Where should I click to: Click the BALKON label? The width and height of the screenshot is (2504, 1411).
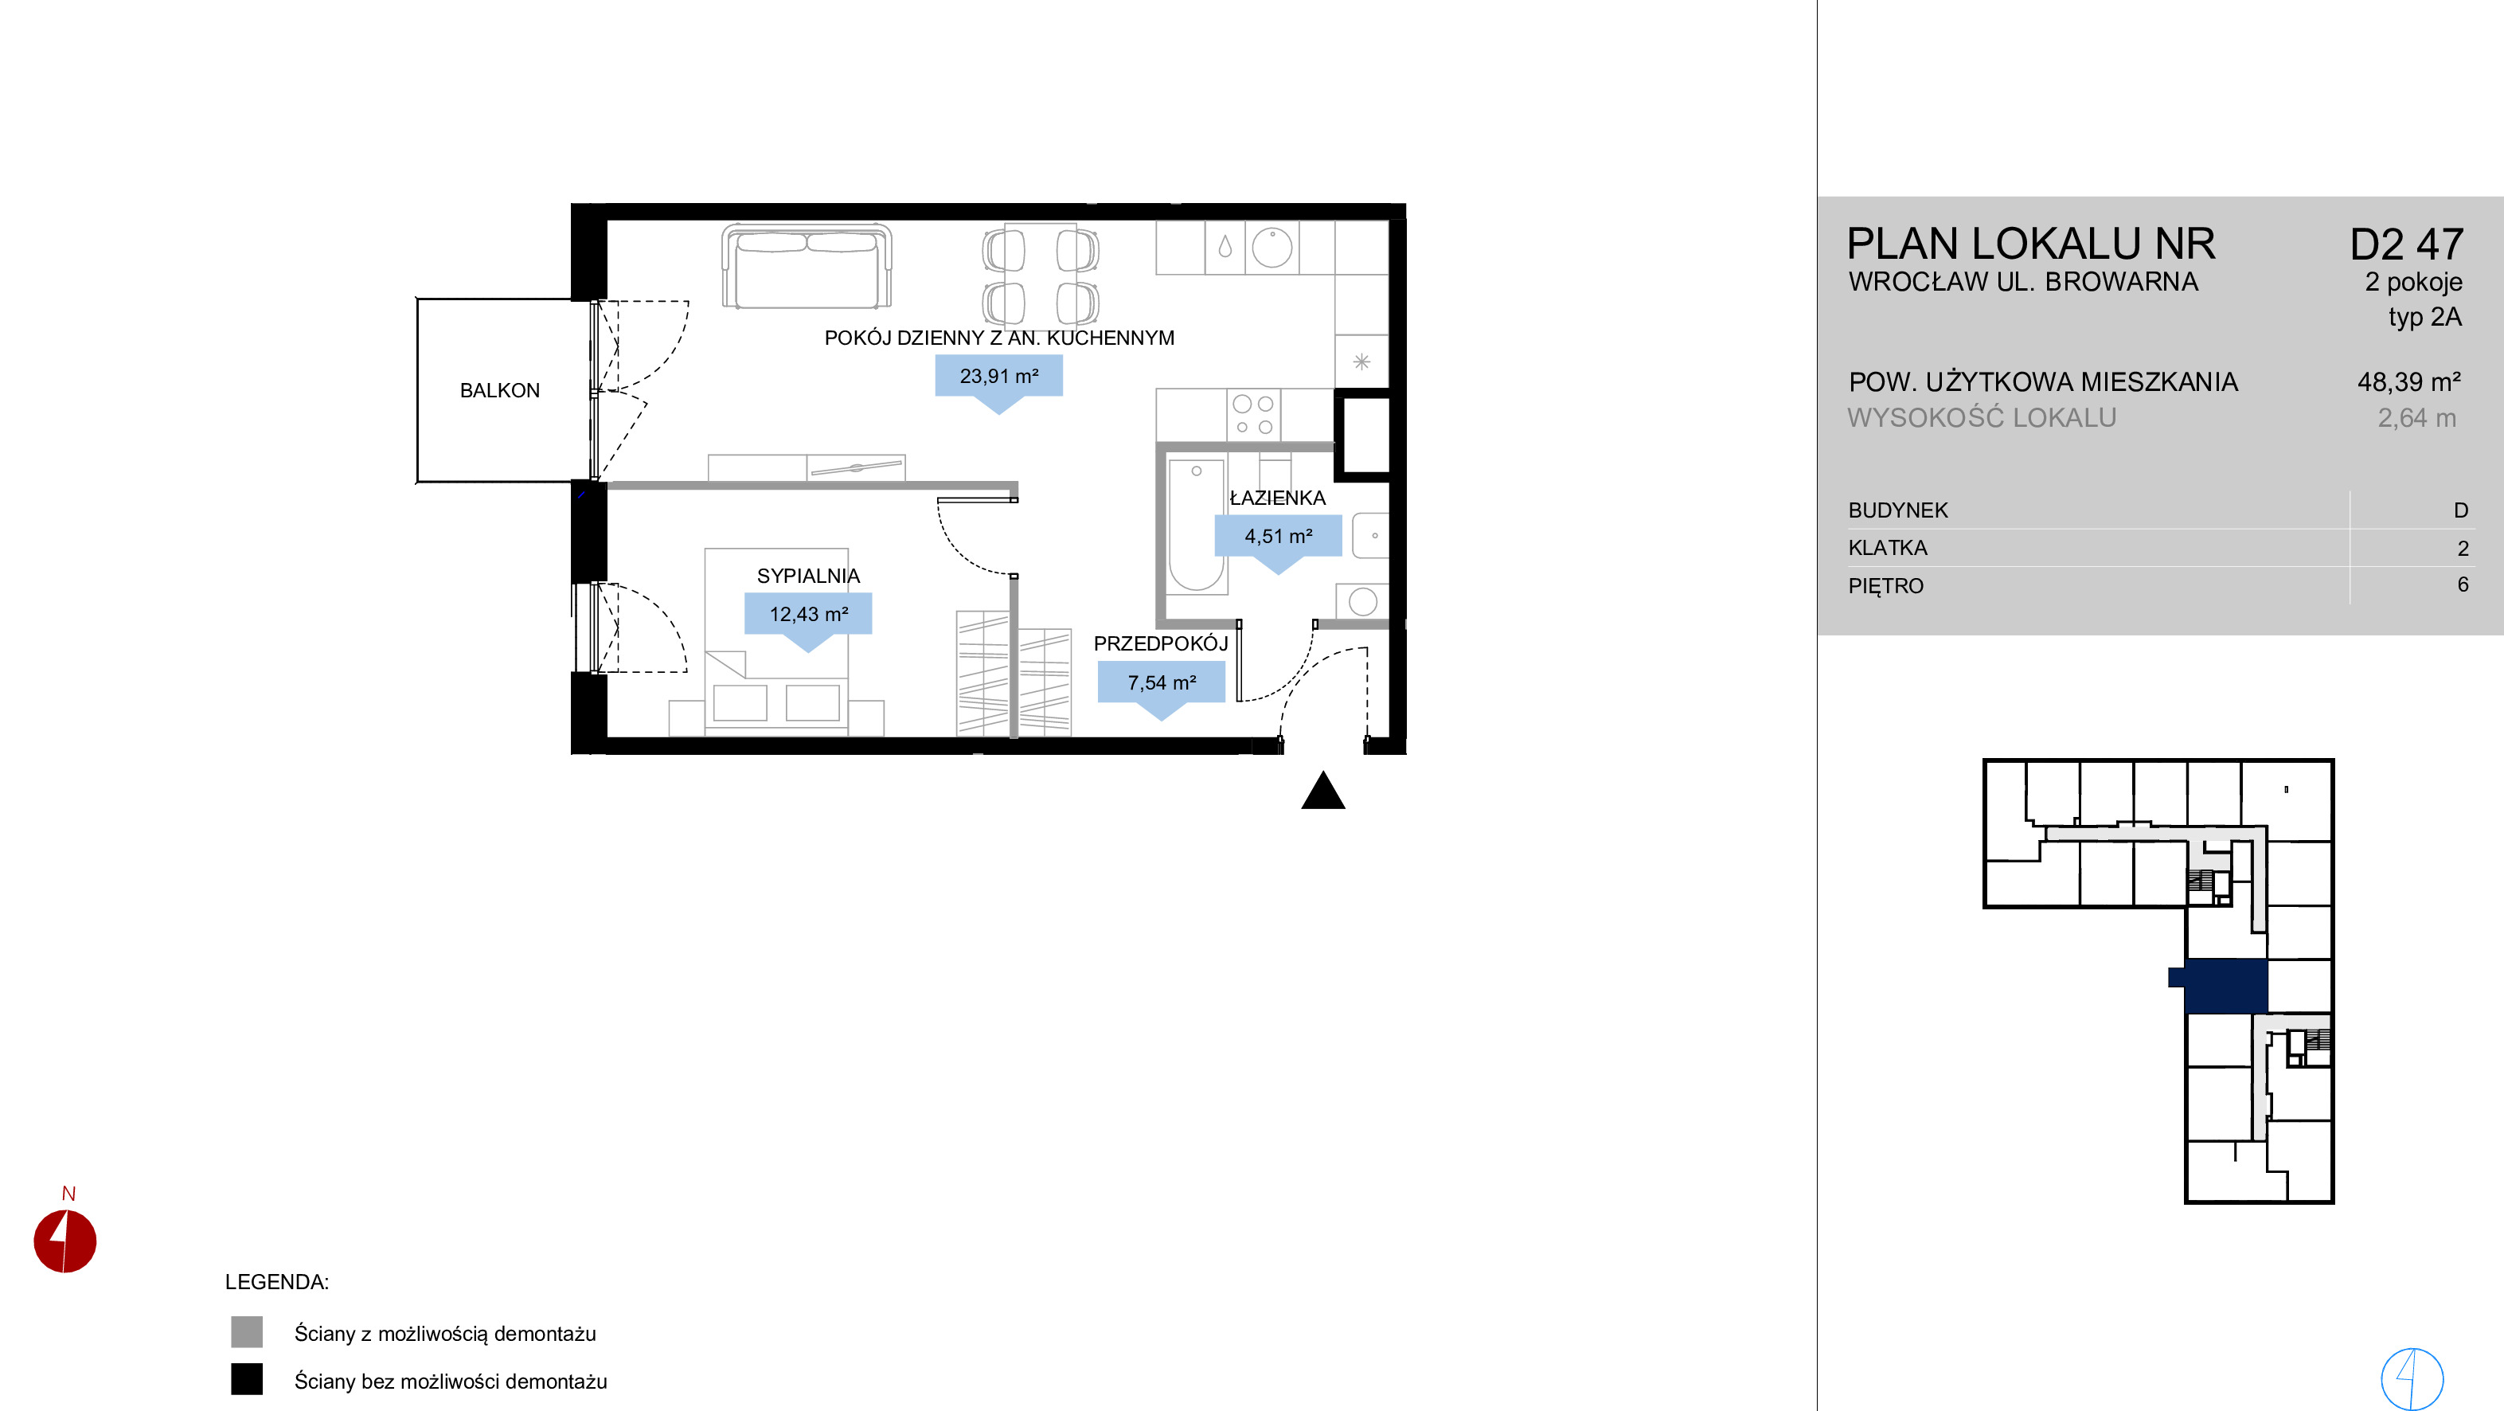[500, 390]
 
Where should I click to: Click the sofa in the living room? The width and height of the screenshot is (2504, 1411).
[807, 265]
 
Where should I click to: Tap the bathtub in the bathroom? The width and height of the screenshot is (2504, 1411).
[1196, 525]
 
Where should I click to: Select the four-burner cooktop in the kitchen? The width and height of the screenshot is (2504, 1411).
[1254, 415]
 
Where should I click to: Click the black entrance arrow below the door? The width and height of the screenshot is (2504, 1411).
[1323, 790]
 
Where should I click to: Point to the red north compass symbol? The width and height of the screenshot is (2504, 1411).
[65, 1241]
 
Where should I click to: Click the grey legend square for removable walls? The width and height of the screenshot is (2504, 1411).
[247, 1332]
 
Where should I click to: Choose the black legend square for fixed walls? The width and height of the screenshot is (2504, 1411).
[247, 1380]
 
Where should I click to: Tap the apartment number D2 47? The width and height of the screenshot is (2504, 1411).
[2407, 244]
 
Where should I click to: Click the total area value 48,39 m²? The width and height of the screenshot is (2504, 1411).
[2408, 382]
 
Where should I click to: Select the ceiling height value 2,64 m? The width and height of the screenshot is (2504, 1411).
[2416, 418]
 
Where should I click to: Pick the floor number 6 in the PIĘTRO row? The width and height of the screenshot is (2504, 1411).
[2463, 584]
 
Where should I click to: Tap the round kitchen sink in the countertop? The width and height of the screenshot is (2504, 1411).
[1272, 248]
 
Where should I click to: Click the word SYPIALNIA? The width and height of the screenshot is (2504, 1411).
[808, 576]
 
